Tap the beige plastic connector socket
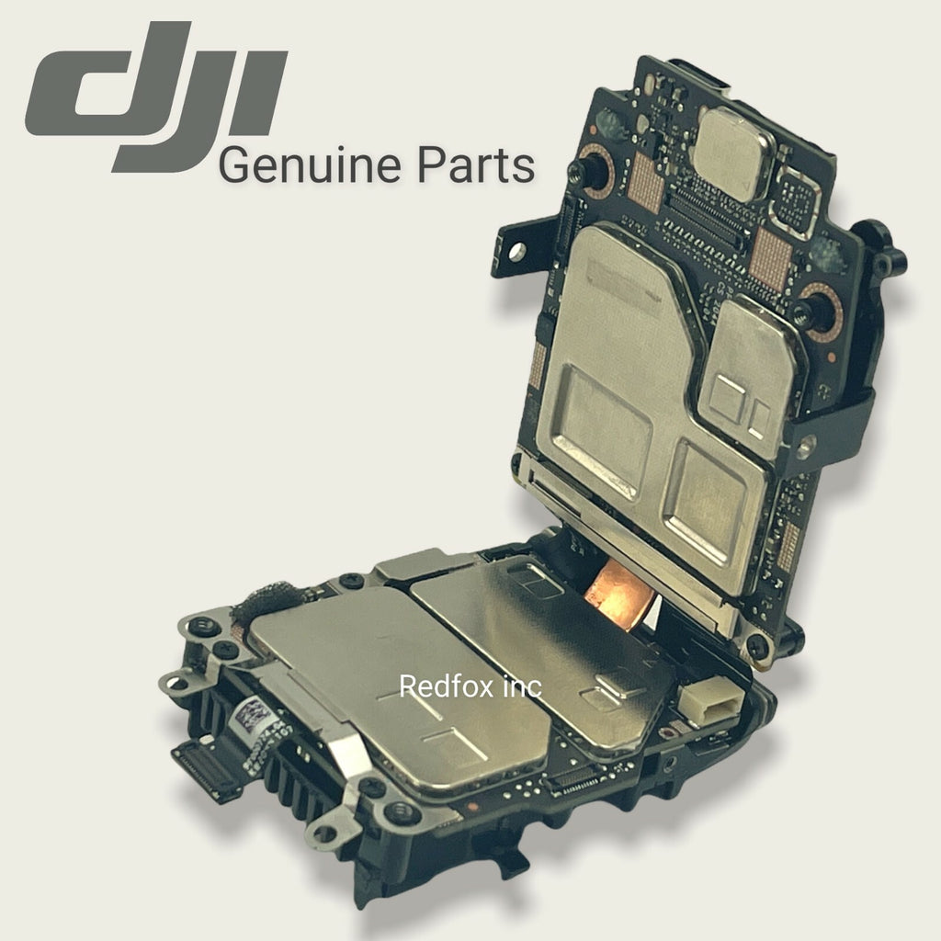pyautogui.click(x=712, y=701)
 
